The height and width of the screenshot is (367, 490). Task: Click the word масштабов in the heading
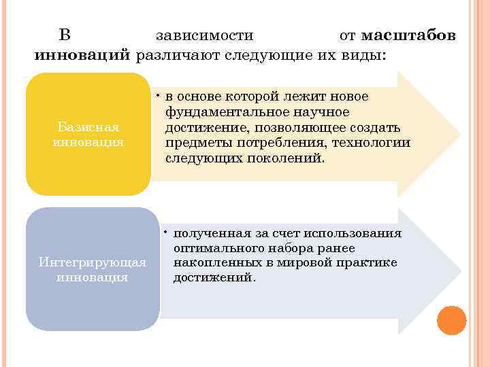coord(408,35)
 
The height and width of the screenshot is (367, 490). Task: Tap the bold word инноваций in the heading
coord(82,54)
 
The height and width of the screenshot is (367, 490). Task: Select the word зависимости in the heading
coord(204,35)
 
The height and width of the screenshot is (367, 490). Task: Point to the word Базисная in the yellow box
coord(88,127)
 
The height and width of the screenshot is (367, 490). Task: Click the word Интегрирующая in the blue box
coord(93,262)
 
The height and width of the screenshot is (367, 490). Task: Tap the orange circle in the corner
coord(451,320)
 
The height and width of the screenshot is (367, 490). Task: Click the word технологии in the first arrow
coord(372,143)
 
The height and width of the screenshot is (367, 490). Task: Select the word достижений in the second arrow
coord(213,278)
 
